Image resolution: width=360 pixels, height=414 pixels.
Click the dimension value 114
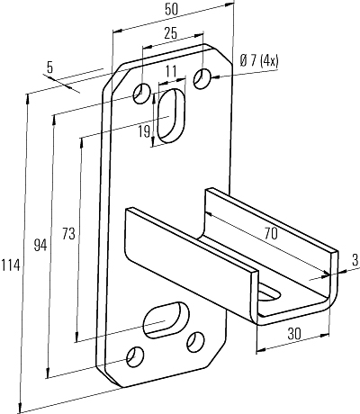11,265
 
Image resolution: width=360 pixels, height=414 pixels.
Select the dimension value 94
40,245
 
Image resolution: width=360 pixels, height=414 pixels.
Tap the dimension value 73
68,233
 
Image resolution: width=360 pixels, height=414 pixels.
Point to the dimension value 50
171,10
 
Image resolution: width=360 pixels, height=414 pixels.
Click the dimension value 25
170,33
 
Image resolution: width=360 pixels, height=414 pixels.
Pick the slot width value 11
171,71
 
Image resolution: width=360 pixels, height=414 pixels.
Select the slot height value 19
144,131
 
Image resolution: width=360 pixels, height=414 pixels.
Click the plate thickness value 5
49,67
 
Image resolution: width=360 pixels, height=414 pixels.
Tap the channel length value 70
271,233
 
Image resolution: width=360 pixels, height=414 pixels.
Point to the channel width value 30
294,334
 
